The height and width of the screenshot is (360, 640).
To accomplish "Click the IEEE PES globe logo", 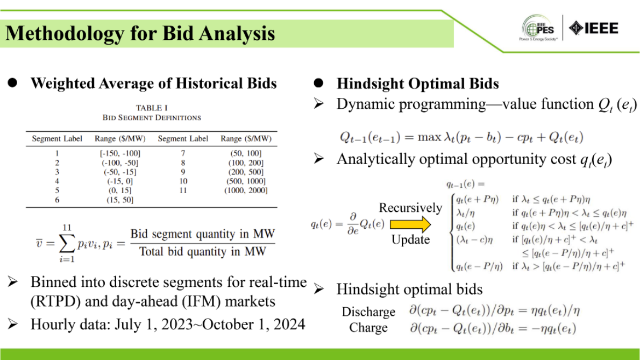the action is click(x=538, y=27).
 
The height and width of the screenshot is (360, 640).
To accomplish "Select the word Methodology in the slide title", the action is click(x=65, y=33).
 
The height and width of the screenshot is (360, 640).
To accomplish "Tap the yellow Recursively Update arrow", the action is click(x=410, y=224).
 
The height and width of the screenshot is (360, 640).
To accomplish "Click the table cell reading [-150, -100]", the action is click(x=120, y=153).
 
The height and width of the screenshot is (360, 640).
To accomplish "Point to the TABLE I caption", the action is click(x=152, y=108).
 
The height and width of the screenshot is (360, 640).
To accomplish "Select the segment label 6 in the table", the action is click(x=57, y=200).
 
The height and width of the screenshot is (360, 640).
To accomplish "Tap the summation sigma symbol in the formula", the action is click(x=67, y=244).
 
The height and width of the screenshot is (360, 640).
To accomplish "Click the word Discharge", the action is click(x=368, y=312).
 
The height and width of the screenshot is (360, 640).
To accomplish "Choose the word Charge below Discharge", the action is click(x=368, y=328).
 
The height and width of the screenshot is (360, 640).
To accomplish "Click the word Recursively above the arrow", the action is click(x=410, y=208).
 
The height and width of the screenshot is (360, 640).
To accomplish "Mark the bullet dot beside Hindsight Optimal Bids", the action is click(x=319, y=83).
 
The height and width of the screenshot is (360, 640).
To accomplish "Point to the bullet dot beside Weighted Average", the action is click(x=13, y=83).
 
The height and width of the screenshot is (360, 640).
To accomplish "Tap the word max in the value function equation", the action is click(x=429, y=137).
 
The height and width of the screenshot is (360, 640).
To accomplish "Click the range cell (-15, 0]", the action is click(x=120, y=181).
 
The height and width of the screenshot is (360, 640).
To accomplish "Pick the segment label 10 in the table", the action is click(x=183, y=181).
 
